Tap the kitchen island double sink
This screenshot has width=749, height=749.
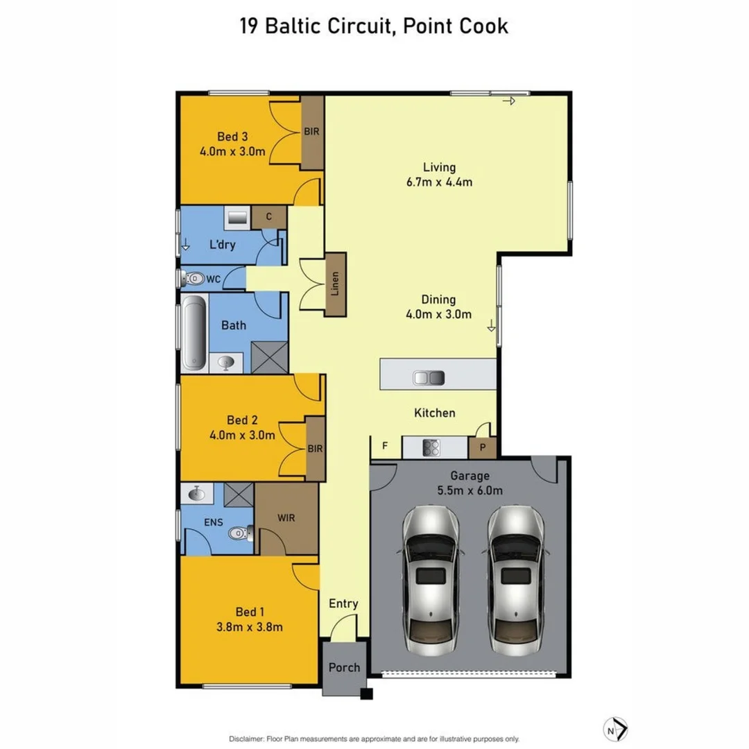point(429,378)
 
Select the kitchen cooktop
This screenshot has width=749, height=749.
point(431,448)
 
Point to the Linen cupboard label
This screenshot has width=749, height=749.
point(336,284)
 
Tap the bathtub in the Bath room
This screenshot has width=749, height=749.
point(193,332)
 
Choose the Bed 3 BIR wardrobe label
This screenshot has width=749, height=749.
point(312,131)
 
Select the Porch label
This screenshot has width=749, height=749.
point(344,667)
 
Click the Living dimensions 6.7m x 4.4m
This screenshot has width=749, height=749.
point(440,182)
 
